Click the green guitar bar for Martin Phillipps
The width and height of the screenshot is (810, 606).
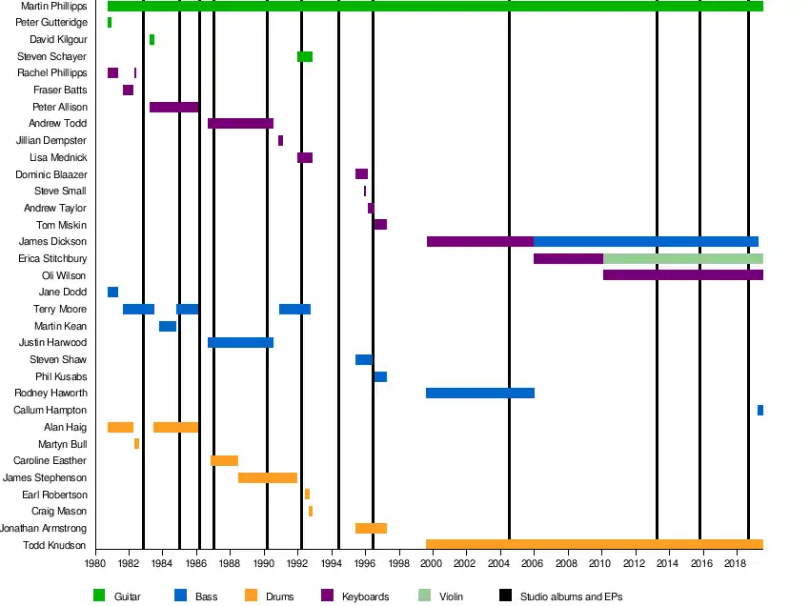(x=435, y=7)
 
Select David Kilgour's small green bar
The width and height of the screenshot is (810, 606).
(x=152, y=40)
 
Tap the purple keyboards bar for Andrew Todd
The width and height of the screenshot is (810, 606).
(x=240, y=124)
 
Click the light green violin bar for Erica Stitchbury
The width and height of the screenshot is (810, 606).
(x=682, y=258)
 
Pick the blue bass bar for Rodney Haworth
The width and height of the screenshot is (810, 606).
(x=479, y=393)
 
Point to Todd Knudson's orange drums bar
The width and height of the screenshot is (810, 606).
(x=594, y=545)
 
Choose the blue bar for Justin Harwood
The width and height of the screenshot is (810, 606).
(x=240, y=342)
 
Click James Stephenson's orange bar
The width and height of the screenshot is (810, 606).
(x=267, y=477)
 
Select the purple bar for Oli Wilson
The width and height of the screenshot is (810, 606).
(x=682, y=275)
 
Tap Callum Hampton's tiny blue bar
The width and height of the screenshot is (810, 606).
(x=759, y=410)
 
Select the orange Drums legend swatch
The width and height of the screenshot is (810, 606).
(x=252, y=596)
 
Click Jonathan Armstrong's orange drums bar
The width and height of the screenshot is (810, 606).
(x=371, y=528)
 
